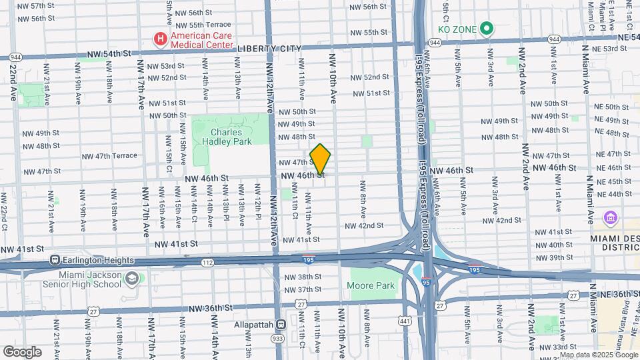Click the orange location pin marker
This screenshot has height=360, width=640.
(321, 159)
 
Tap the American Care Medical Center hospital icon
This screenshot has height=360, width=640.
(160, 39)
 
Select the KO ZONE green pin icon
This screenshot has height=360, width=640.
(486, 29)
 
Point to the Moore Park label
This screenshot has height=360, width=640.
(371, 286)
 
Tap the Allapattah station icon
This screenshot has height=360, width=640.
(281, 325)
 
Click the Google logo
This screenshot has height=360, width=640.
(22, 351)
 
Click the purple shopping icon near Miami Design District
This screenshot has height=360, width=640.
(609, 217)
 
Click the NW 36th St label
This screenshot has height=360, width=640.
(210, 308)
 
